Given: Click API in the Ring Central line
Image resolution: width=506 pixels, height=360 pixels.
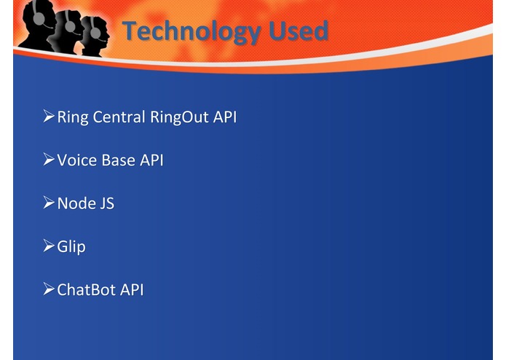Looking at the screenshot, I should click(225, 117).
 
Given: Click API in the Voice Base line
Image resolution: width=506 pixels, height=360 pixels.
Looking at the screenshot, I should click(151, 160).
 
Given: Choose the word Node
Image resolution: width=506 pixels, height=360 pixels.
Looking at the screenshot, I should click(76, 203).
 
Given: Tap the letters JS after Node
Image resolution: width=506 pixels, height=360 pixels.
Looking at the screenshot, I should click(106, 203).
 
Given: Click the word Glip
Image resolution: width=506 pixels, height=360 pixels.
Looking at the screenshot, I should click(71, 246).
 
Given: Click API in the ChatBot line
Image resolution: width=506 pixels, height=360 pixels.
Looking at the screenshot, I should click(132, 289).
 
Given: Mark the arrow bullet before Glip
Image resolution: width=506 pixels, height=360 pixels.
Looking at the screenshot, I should click(49, 246).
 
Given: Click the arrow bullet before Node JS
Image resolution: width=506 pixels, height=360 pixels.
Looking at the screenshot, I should click(49, 203).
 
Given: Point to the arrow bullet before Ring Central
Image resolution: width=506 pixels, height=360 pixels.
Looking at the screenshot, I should click(49, 117).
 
